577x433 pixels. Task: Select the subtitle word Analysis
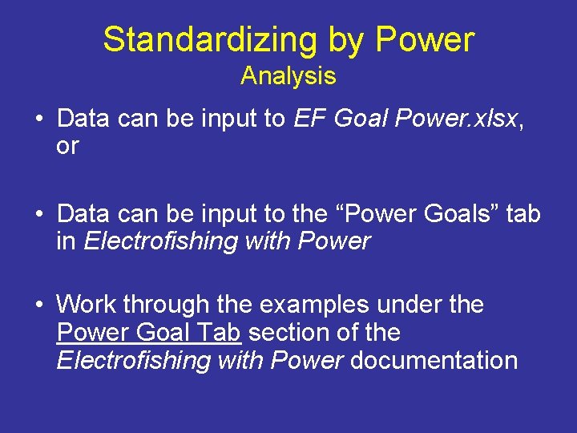point(288,76)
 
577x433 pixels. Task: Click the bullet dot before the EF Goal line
point(38,119)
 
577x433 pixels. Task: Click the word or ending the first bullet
point(67,146)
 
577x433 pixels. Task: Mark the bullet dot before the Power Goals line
point(38,215)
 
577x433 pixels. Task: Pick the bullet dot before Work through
point(38,306)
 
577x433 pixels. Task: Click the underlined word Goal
point(163,332)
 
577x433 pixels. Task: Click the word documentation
point(434,360)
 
